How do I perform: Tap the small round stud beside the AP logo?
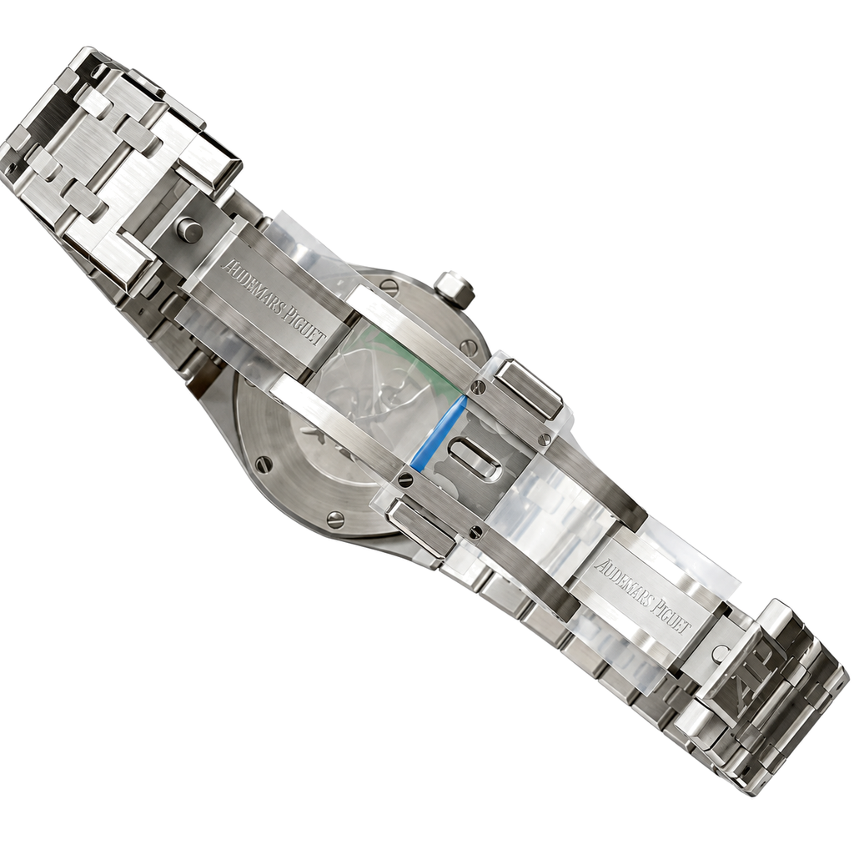tap(720, 652)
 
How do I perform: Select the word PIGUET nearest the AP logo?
tap(671, 616)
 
